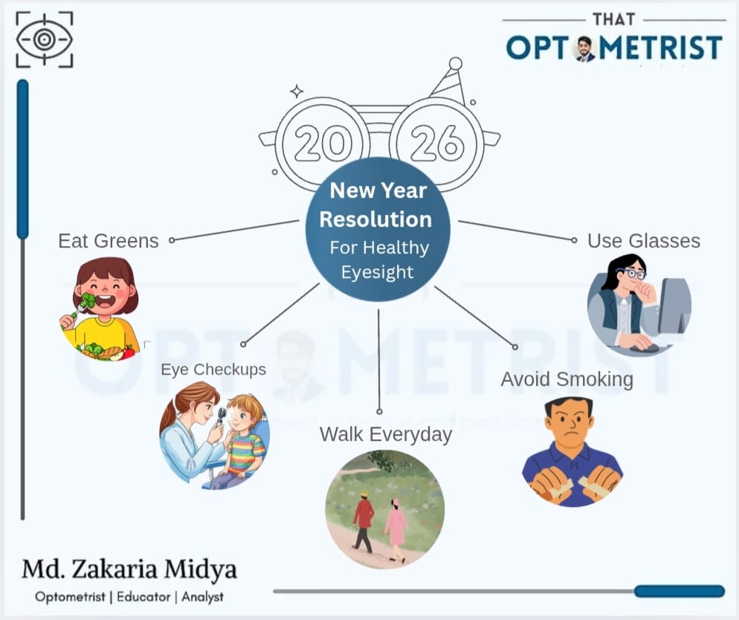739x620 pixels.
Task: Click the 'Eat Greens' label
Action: tap(108, 241)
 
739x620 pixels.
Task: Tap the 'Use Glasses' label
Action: tap(643, 241)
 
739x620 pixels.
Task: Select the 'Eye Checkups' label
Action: tap(213, 369)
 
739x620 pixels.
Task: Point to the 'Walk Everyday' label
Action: tap(385, 434)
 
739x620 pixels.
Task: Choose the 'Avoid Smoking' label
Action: tap(567, 379)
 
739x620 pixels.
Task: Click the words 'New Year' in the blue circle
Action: tap(378, 190)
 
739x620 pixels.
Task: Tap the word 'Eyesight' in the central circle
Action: tap(377, 272)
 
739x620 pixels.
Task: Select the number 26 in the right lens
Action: tap(436, 143)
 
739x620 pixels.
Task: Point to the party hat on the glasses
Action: tap(448, 81)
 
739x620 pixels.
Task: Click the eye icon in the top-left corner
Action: tap(45, 39)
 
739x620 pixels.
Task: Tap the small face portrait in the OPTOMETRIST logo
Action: tap(585, 48)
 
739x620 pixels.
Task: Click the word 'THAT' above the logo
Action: tap(613, 19)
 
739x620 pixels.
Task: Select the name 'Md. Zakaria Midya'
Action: tap(129, 570)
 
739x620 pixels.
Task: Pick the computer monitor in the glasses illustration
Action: tap(674, 305)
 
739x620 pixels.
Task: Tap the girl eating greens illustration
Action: tap(100, 307)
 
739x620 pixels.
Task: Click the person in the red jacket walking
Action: tap(364, 520)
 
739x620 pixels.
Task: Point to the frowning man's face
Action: tap(568, 424)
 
